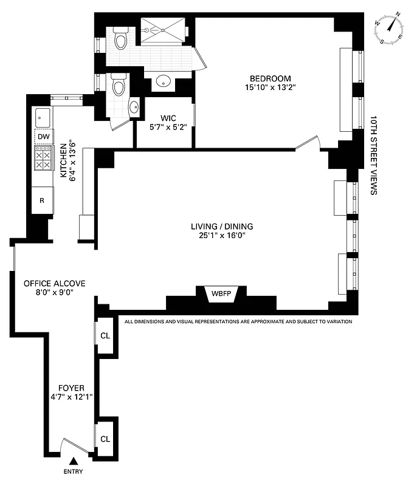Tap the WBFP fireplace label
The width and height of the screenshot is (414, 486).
click(x=221, y=293)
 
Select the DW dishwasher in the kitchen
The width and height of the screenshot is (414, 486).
click(x=43, y=137)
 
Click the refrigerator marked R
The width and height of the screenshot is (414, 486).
click(x=43, y=200)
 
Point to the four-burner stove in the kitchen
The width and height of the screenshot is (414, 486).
click(x=43, y=159)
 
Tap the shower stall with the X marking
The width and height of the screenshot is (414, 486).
click(x=162, y=29)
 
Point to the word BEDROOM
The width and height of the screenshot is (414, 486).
click(x=271, y=78)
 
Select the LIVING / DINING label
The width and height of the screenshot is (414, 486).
click(x=221, y=227)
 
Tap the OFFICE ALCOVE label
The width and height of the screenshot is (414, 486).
click(x=54, y=283)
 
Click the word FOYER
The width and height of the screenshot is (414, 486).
click(x=71, y=388)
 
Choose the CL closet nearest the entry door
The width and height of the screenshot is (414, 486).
click(x=105, y=439)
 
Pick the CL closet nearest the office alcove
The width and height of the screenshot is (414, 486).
click(x=105, y=335)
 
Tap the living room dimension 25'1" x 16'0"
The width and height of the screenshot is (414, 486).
click(x=221, y=236)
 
